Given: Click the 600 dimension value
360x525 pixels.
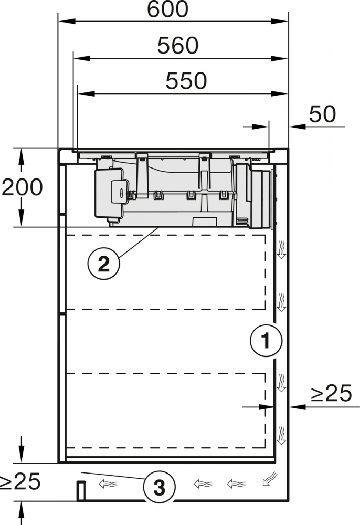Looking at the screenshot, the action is click(x=167, y=9).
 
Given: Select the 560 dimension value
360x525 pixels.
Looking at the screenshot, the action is click(x=178, y=46).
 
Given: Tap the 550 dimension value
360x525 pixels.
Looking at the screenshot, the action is click(x=186, y=81).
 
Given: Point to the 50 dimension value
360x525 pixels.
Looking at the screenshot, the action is click(x=322, y=114).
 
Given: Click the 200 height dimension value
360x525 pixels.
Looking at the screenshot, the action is click(x=22, y=187).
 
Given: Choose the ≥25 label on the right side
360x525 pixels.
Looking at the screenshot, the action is click(x=331, y=393).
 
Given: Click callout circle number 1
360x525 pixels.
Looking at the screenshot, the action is click(x=266, y=341).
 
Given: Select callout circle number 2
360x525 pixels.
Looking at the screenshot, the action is click(x=104, y=264).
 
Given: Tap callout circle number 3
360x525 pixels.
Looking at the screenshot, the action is click(x=159, y=487).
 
